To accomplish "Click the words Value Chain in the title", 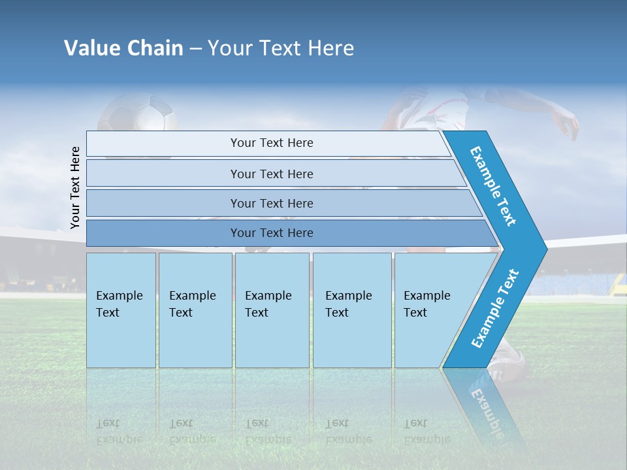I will (x=123, y=48).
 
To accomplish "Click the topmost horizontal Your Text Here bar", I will (x=271, y=143).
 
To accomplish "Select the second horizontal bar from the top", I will (x=271, y=174).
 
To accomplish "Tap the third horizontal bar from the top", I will (x=271, y=203).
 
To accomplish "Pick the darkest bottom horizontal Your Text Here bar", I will (x=271, y=233).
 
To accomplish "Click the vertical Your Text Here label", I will (x=75, y=187).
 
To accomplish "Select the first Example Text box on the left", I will (x=121, y=310).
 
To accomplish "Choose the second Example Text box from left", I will (x=195, y=310).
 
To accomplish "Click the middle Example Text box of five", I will (x=272, y=310).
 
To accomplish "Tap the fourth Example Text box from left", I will (x=351, y=310).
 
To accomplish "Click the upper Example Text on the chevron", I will (x=493, y=186).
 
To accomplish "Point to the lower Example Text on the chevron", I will (x=495, y=308).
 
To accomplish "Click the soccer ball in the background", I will (x=138, y=114).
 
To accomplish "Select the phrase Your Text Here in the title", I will (x=281, y=48).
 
